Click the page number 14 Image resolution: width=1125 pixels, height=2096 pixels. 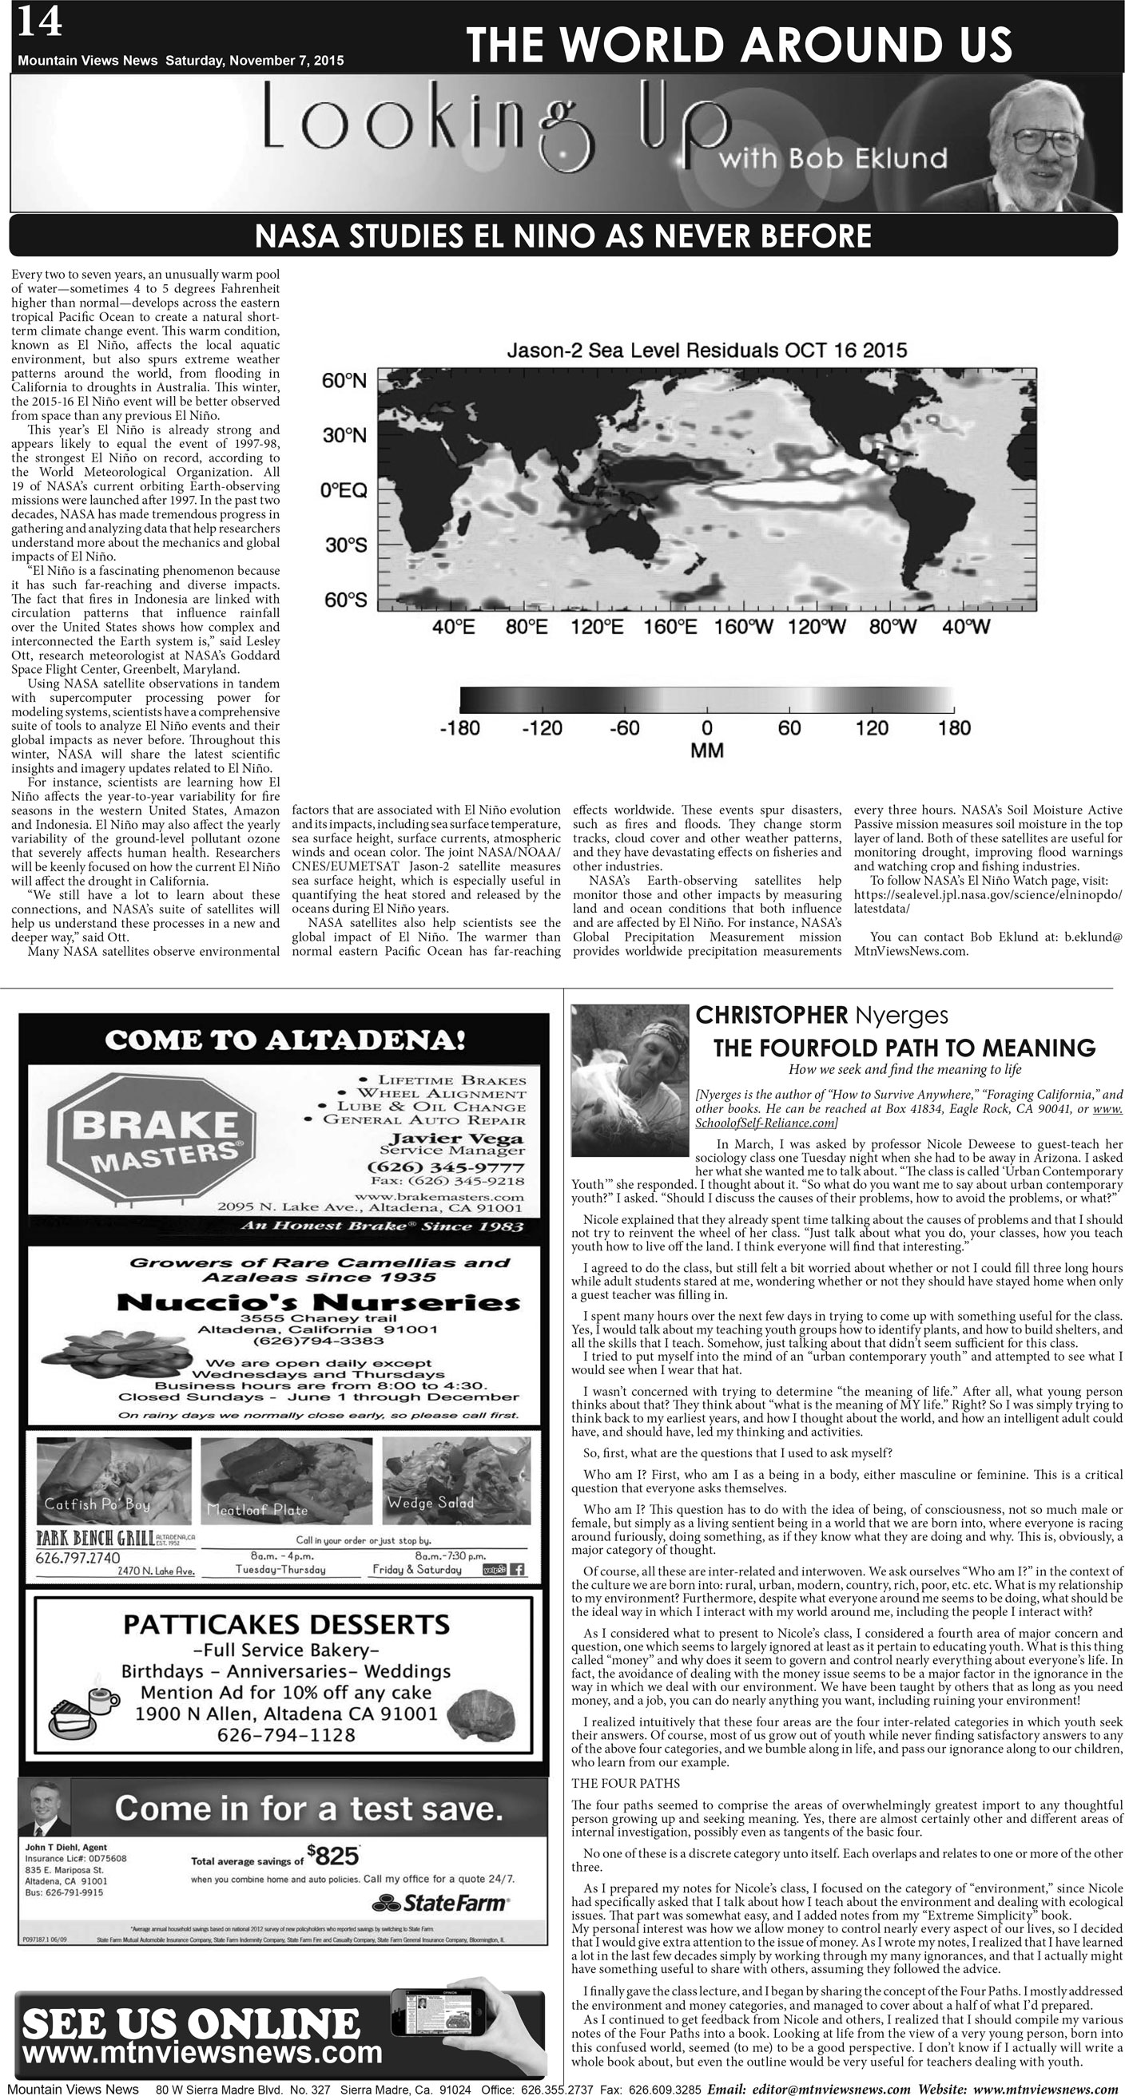pos(38,22)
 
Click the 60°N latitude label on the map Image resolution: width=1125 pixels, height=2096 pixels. pos(344,381)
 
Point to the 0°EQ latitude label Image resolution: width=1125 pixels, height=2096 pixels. pos(344,489)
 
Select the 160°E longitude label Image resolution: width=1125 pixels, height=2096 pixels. pos(670,627)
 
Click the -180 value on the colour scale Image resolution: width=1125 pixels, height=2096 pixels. pos(459,728)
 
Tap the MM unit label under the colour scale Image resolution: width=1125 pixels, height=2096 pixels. pos(706,751)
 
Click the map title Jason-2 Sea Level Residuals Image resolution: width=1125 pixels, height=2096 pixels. pos(706,351)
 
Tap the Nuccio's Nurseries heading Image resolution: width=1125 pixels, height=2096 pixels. pos(317,1302)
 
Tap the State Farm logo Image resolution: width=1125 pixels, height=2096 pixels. pos(440,1903)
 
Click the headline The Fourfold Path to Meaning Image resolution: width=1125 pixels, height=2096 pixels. pos(904,1047)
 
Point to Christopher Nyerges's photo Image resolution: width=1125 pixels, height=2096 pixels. pos(630,1079)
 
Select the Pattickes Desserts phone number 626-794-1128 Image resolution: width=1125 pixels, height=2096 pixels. pos(286,1736)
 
